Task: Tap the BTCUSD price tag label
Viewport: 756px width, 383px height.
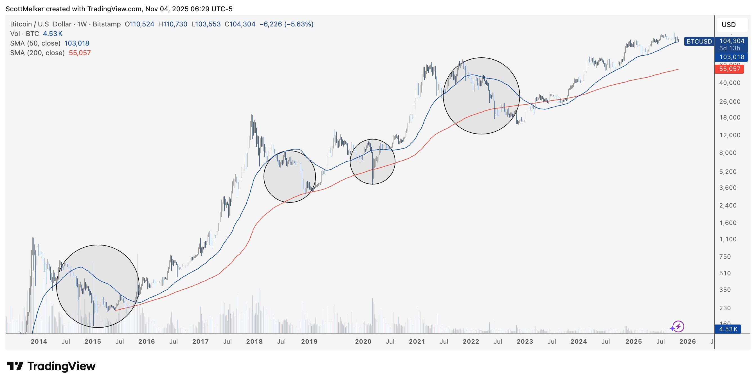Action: pos(699,41)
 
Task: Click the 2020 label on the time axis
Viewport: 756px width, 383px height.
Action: pos(363,342)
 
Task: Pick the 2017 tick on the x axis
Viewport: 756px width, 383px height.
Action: pos(201,342)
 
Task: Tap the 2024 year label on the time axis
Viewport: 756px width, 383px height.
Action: pos(579,342)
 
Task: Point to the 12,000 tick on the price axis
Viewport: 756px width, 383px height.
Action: pos(730,135)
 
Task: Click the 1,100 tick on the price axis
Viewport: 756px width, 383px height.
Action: pos(730,239)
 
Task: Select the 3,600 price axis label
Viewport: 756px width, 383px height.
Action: pos(730,188)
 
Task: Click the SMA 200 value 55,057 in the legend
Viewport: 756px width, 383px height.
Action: pos(80,53)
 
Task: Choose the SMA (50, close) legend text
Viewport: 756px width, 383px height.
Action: pos(35,43)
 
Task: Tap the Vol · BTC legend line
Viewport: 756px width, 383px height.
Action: pos(36,34)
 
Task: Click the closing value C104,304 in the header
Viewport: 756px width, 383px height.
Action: pos(240,24)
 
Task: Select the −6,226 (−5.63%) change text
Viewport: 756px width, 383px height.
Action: pos(286,24)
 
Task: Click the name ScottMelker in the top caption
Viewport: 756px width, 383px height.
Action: pos(25,9)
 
